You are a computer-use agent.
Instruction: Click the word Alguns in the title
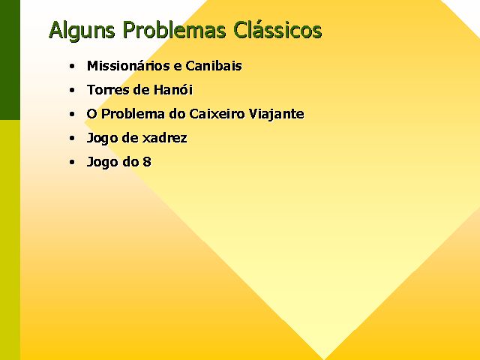pos(82,31)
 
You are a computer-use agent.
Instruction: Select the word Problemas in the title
pos(175,30)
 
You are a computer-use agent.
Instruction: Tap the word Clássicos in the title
pos(277,30)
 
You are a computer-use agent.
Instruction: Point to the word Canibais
pos(214,65)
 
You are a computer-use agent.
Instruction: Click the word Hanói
pos(173,89)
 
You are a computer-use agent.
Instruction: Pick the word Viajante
pos(277,114)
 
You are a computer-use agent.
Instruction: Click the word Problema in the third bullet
pos(133,113)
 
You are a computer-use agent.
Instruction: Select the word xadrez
pos(165,138)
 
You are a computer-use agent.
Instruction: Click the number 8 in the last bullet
pos(147,162)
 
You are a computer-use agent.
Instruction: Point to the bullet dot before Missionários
pos(72,66)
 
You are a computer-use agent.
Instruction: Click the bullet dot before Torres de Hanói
pos(72,90)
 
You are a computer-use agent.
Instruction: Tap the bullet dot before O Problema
pos(72,114)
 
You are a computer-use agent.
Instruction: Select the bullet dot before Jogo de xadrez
pos(72,138)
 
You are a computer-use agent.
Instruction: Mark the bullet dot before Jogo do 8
pos(72,162)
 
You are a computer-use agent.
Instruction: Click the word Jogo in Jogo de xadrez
pos(102,138)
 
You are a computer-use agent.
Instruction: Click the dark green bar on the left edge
pos(10,60)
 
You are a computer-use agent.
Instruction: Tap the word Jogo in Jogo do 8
pos(102,163)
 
